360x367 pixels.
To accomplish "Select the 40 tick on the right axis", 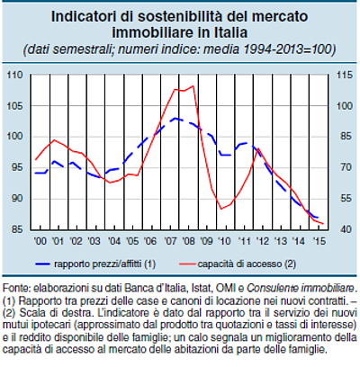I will tap(340, 229).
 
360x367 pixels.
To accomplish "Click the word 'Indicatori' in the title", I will tap(86, 16).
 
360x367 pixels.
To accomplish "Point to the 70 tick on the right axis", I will tap(340, 167).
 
